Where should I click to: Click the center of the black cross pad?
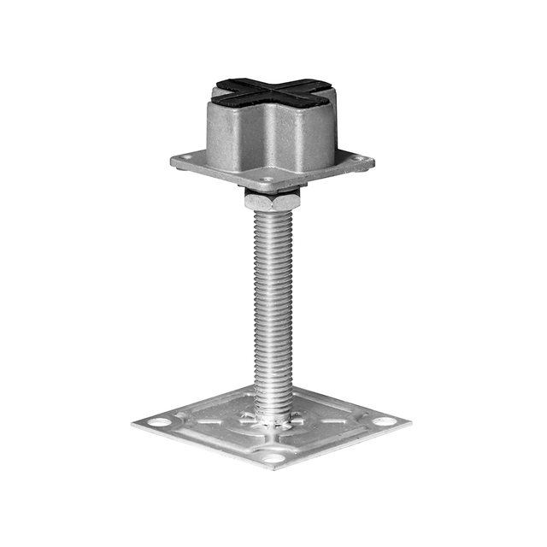tap(274, 91)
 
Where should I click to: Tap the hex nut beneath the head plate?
tap(273, 201)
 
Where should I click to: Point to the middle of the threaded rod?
tap(273, 308)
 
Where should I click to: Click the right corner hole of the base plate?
tap(385, 421)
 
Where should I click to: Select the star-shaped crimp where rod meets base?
tap(273, 418)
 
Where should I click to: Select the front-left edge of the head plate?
tap(218, 175)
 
